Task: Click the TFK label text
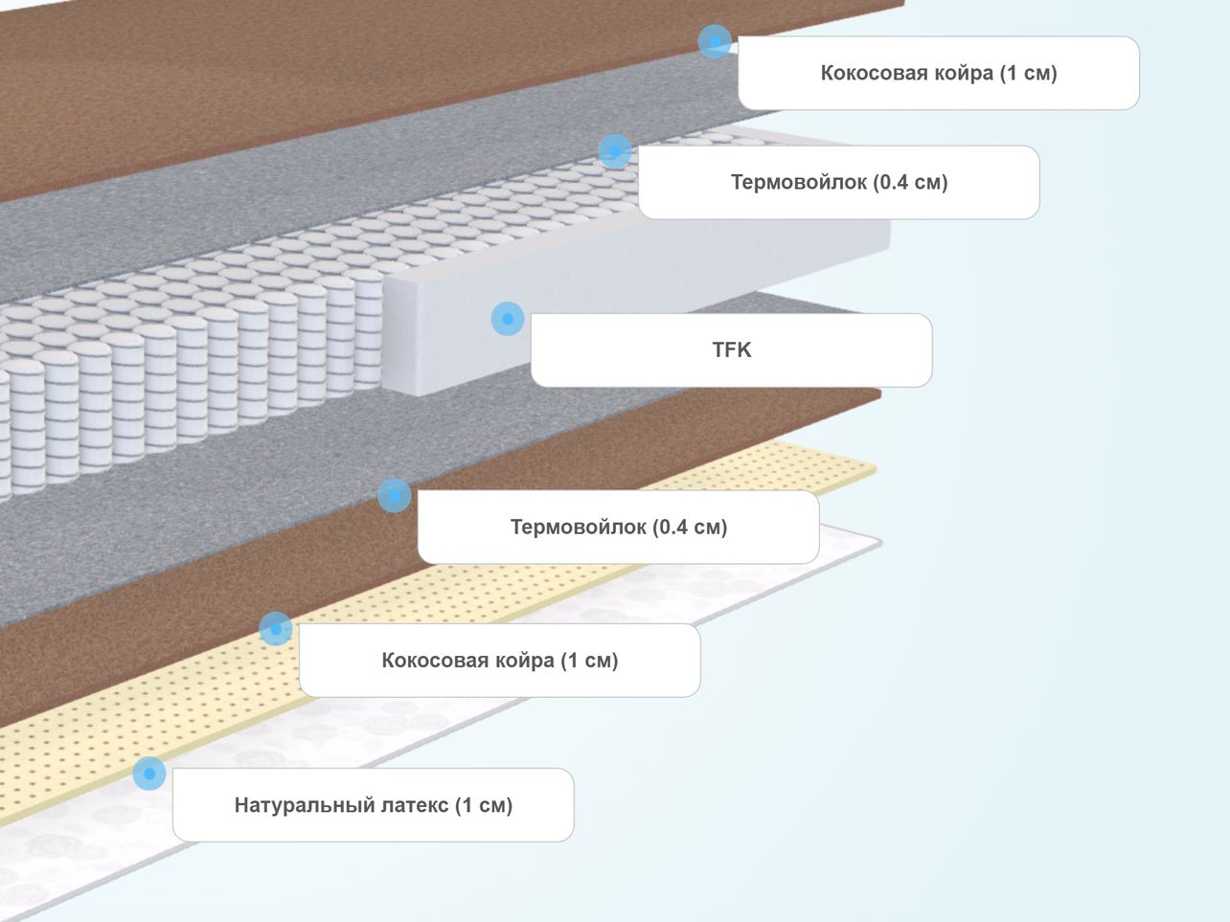(x=731, y=349)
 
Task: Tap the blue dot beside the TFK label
(x=508, y=319)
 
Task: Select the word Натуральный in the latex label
(x=305, y=805)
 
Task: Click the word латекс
(x=415, y=805)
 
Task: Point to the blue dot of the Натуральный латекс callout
(x=149, y=774)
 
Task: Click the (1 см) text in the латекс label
(x=484, y=805)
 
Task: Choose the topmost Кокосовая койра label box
(x=939, y=73)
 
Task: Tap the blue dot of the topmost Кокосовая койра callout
(x=715, y=41)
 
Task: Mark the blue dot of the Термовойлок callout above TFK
(x=615, y=151)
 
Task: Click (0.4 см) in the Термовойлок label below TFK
(x=690, y=527)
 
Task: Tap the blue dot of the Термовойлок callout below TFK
(x=395, y=495)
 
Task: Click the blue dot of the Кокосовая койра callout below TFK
(x=276, y=629)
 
